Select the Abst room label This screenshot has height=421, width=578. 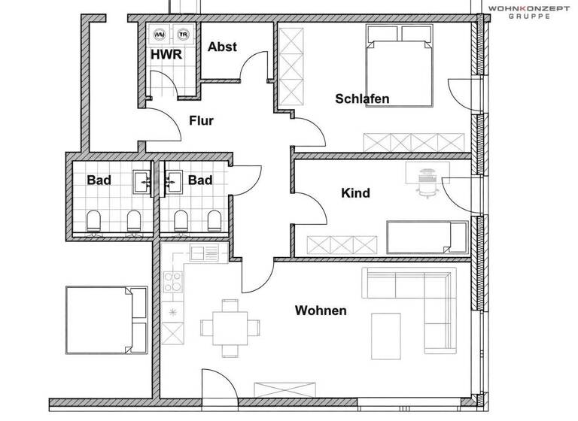pyautogui.click(x=222, y=47)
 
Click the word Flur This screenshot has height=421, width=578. pyautogui.click(x=201, y=120)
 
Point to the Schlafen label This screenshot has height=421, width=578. pyautogui.click(x=362, y=98)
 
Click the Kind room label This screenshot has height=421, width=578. pyautogui.click(x=355, y=193)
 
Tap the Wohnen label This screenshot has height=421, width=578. pyautogui.click(x=321, y=310)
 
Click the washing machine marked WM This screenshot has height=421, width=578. pyautogui.click(x=160, y=35)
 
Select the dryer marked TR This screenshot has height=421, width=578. pyautogui.click(x=181, y=35)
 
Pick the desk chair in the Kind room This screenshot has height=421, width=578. pyautogui.click(x=427, y=183)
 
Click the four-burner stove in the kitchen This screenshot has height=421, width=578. pyautogui.click(x=174, y=284)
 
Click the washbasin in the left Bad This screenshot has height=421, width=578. pyautogui.click(x=141, y=180)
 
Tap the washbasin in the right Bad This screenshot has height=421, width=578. pyautogui.click(x=172, y=180)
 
